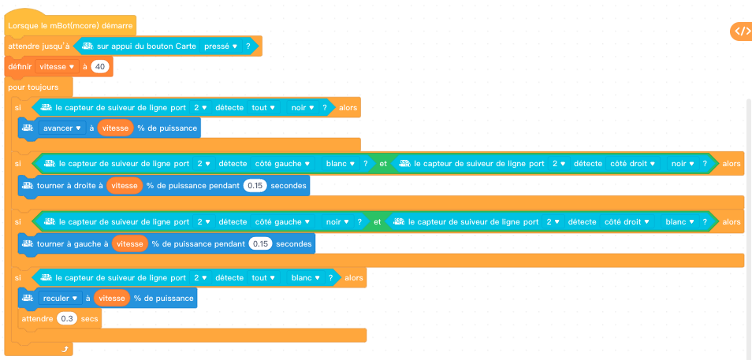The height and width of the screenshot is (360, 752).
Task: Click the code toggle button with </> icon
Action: (x=742, y=32)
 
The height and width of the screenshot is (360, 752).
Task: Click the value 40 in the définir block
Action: (x=99, y=67)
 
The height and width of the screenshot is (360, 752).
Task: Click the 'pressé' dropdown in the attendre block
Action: (x=221, y=46)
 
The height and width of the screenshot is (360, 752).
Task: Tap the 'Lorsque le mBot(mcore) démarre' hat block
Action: (x=69, y=26)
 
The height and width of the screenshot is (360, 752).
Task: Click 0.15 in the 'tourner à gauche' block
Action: (x=260, y=244)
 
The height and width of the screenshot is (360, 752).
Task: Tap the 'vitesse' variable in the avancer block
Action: (x=115, y=128)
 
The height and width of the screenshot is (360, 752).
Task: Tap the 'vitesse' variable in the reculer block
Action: (x=110, y=298)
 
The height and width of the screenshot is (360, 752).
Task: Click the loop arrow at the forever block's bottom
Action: (x=66, y=348)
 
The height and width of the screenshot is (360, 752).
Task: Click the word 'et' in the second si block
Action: (x=384, y=164)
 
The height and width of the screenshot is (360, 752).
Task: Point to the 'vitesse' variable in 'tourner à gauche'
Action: (x=130, y=244)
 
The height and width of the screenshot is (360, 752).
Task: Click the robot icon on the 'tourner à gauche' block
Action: (x=28, y=244)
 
